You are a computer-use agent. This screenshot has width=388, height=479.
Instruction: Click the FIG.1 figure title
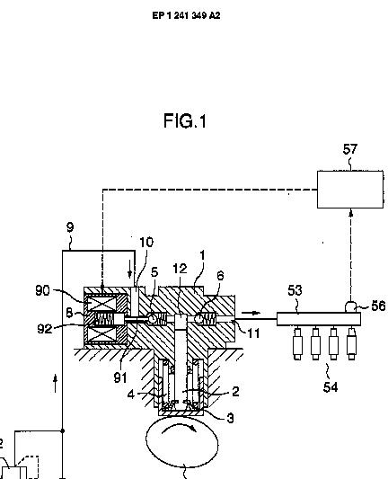pos(185,120)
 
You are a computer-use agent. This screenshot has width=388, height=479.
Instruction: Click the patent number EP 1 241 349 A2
pos(186,15)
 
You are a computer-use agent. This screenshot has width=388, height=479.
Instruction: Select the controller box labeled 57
pos(350,190)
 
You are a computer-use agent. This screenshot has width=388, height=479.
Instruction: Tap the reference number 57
pos(350,149)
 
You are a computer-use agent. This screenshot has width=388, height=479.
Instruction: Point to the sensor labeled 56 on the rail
pos(351,306)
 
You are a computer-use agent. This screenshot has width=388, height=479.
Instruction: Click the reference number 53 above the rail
pos(295,290)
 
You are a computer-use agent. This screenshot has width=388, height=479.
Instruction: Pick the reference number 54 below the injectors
pos(331,387)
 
